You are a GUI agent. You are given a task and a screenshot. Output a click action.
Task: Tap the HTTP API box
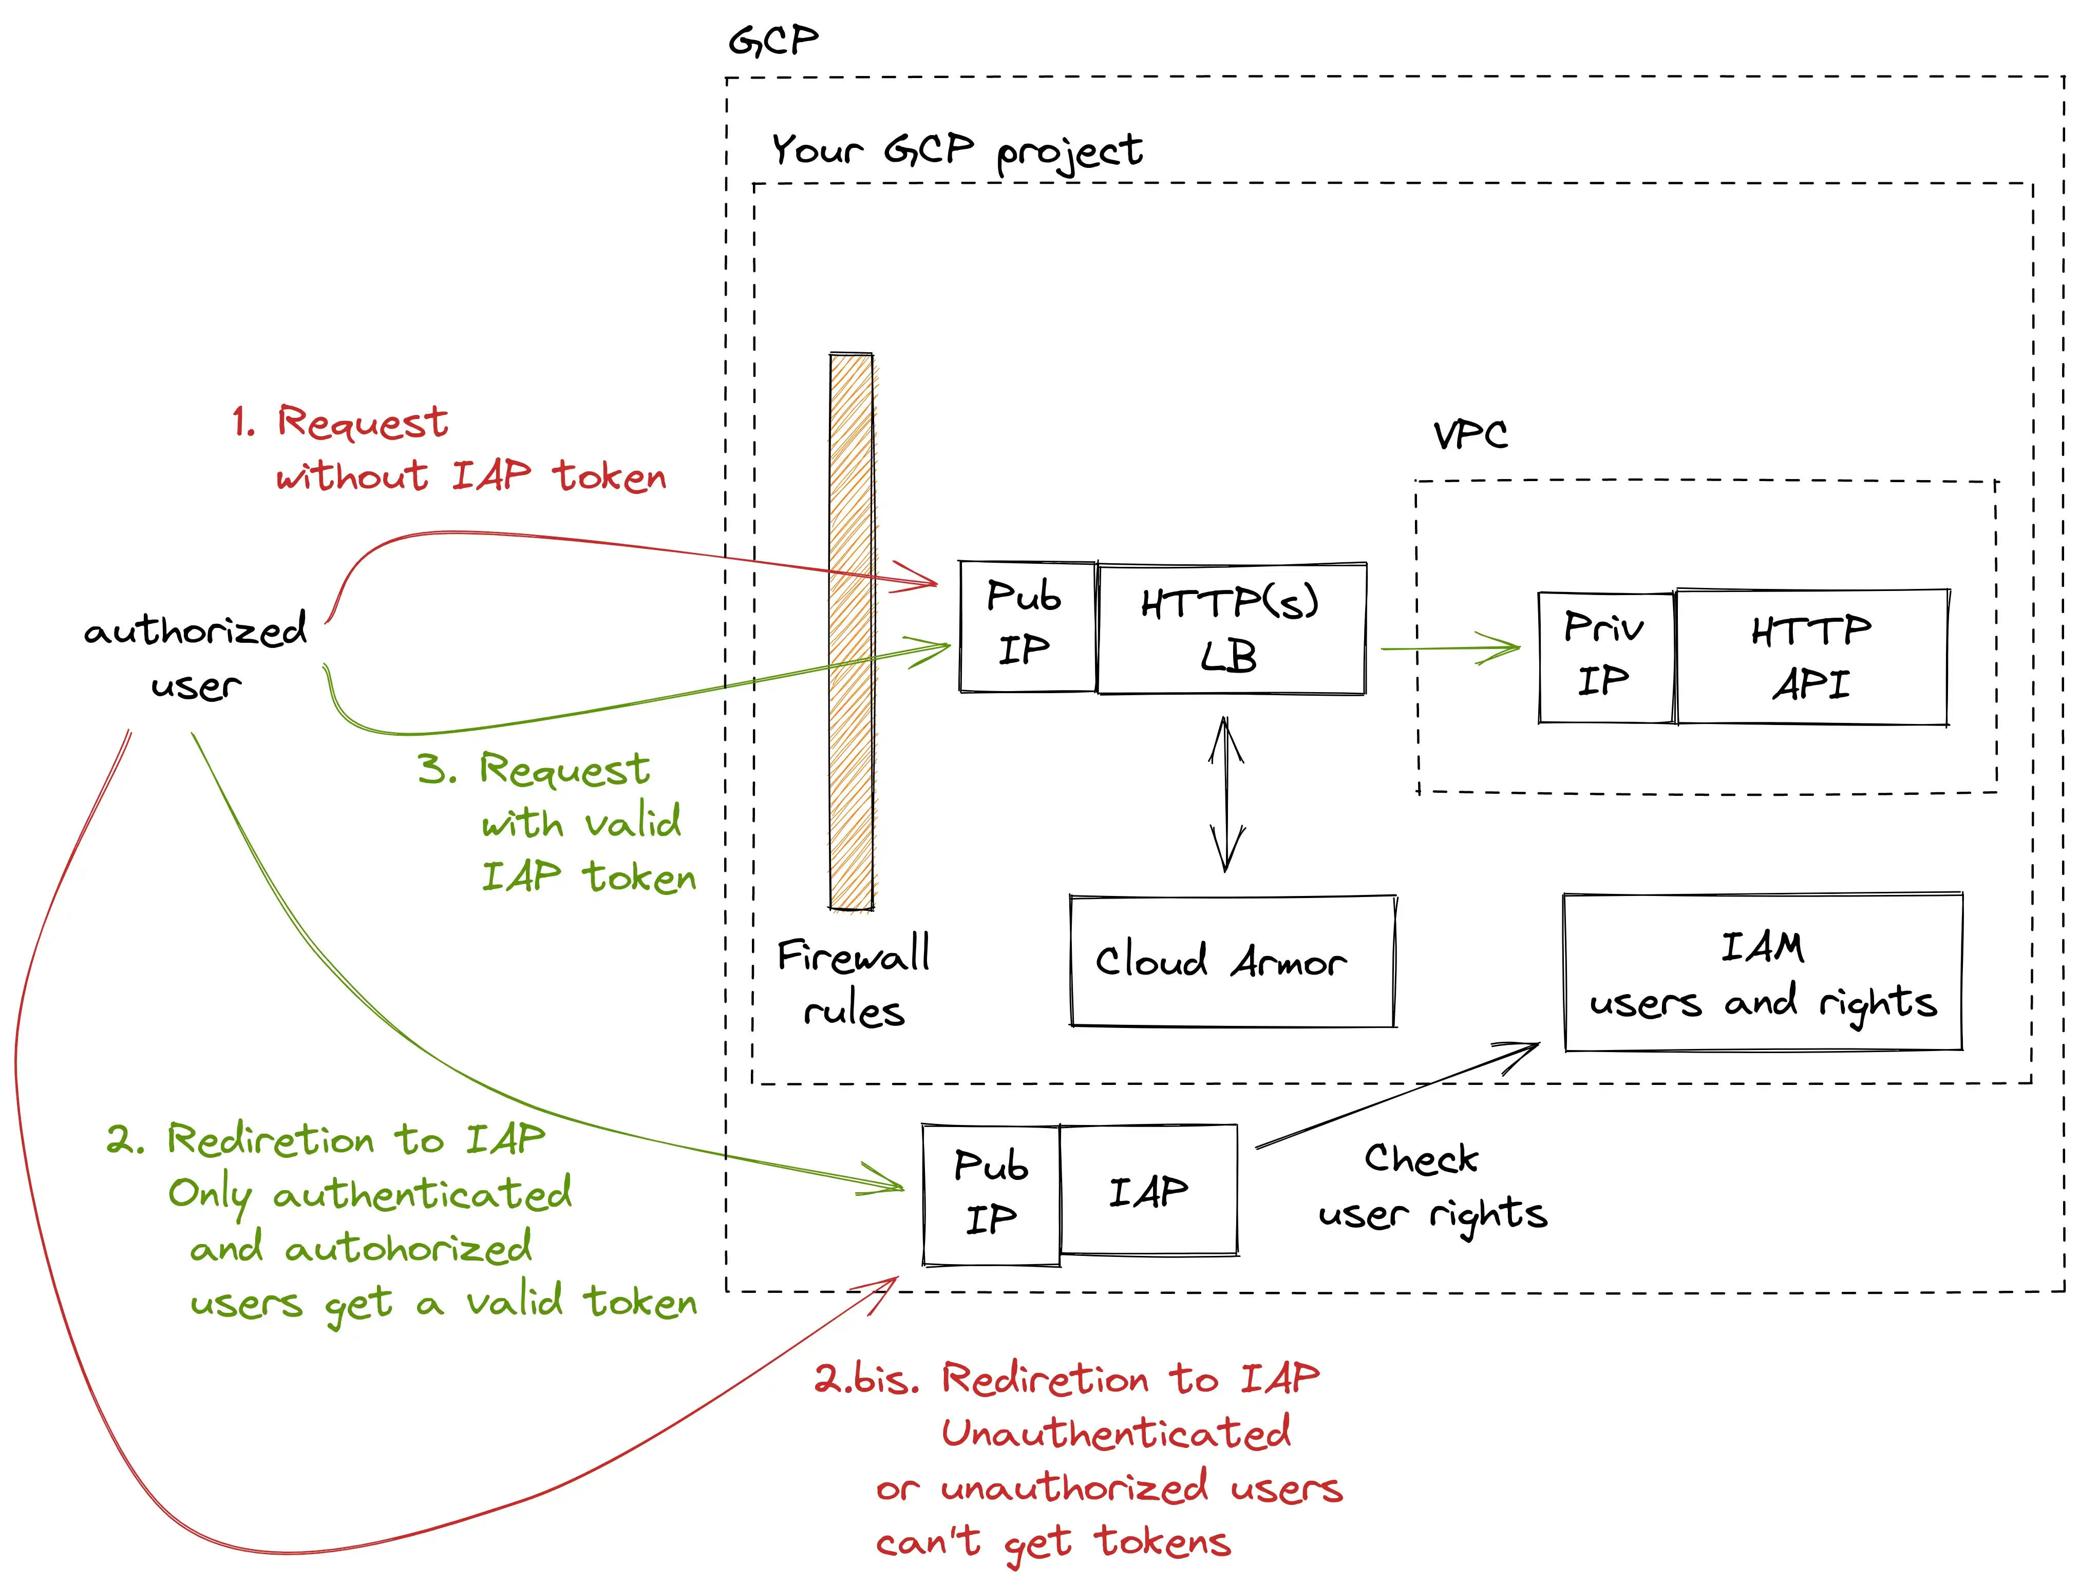[1811, 657]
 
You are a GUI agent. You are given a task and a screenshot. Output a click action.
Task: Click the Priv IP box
[1605, 657]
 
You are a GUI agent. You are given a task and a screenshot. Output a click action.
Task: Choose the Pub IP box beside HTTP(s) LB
[1026, 626]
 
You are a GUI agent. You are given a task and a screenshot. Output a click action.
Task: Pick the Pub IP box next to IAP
[990, 1194]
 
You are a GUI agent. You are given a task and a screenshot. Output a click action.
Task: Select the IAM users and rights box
[1762, 972]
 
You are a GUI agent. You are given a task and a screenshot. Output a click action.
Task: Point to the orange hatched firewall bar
[852, 632]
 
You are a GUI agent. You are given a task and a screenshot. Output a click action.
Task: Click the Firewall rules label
[853, 982]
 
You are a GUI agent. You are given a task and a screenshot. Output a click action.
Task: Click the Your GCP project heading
[956, 151]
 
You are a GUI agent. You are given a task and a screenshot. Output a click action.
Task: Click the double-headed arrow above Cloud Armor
[1226, 794]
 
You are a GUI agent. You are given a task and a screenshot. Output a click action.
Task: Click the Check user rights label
[1431, 1186]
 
